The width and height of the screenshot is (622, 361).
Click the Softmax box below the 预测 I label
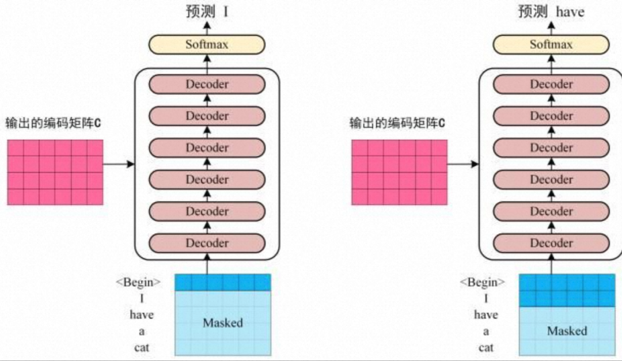point(207,44)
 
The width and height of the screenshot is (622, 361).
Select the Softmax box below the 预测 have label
point(551,44)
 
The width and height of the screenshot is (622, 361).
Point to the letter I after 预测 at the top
point(226,12)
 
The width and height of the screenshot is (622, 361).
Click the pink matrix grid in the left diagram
point(55,172)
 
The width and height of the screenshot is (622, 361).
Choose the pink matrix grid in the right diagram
point(399,172)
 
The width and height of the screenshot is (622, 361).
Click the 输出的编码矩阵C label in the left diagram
point(53,123)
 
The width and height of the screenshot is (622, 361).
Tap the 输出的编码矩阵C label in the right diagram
point(397,123)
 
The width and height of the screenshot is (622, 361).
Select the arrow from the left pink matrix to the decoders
point(119,165)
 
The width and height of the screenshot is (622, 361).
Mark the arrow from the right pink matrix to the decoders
point(463,165)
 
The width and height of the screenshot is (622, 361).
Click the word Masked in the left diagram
point(223,323)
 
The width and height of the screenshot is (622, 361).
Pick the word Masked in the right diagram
point(567,331)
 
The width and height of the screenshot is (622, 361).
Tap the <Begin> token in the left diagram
point(138,283)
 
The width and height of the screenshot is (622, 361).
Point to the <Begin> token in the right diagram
point(483,283)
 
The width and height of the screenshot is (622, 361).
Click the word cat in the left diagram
point(142,348)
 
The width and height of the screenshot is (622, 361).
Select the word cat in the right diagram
point(486,348)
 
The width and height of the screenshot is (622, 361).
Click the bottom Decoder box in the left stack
point(207,243)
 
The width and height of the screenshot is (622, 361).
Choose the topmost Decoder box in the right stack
point(551,84)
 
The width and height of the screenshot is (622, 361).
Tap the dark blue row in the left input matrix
point(222,282)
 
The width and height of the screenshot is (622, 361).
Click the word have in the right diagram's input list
point(486,315)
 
